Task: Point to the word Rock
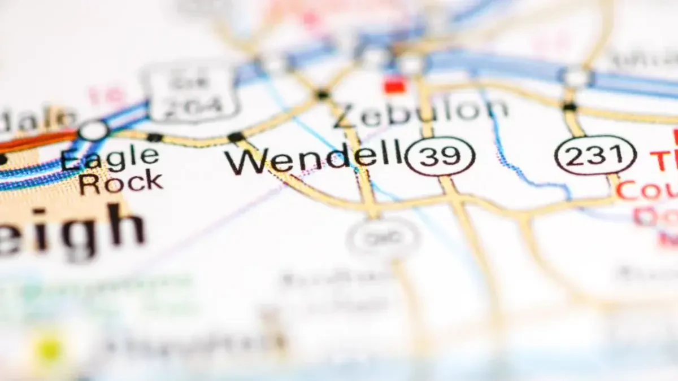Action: [x=121, y=182]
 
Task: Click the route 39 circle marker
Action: [x=440, y=156]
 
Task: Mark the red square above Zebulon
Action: [x=395, y=86]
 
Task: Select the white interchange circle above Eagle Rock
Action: [x=94, y=131]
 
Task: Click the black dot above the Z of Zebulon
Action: [x=323, y=94]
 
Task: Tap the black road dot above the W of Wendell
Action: [x=236, y=137]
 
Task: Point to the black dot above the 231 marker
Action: [x=570, y=107]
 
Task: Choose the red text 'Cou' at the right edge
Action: [x=647, y=191]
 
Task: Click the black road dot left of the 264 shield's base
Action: [x=154, y=137]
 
